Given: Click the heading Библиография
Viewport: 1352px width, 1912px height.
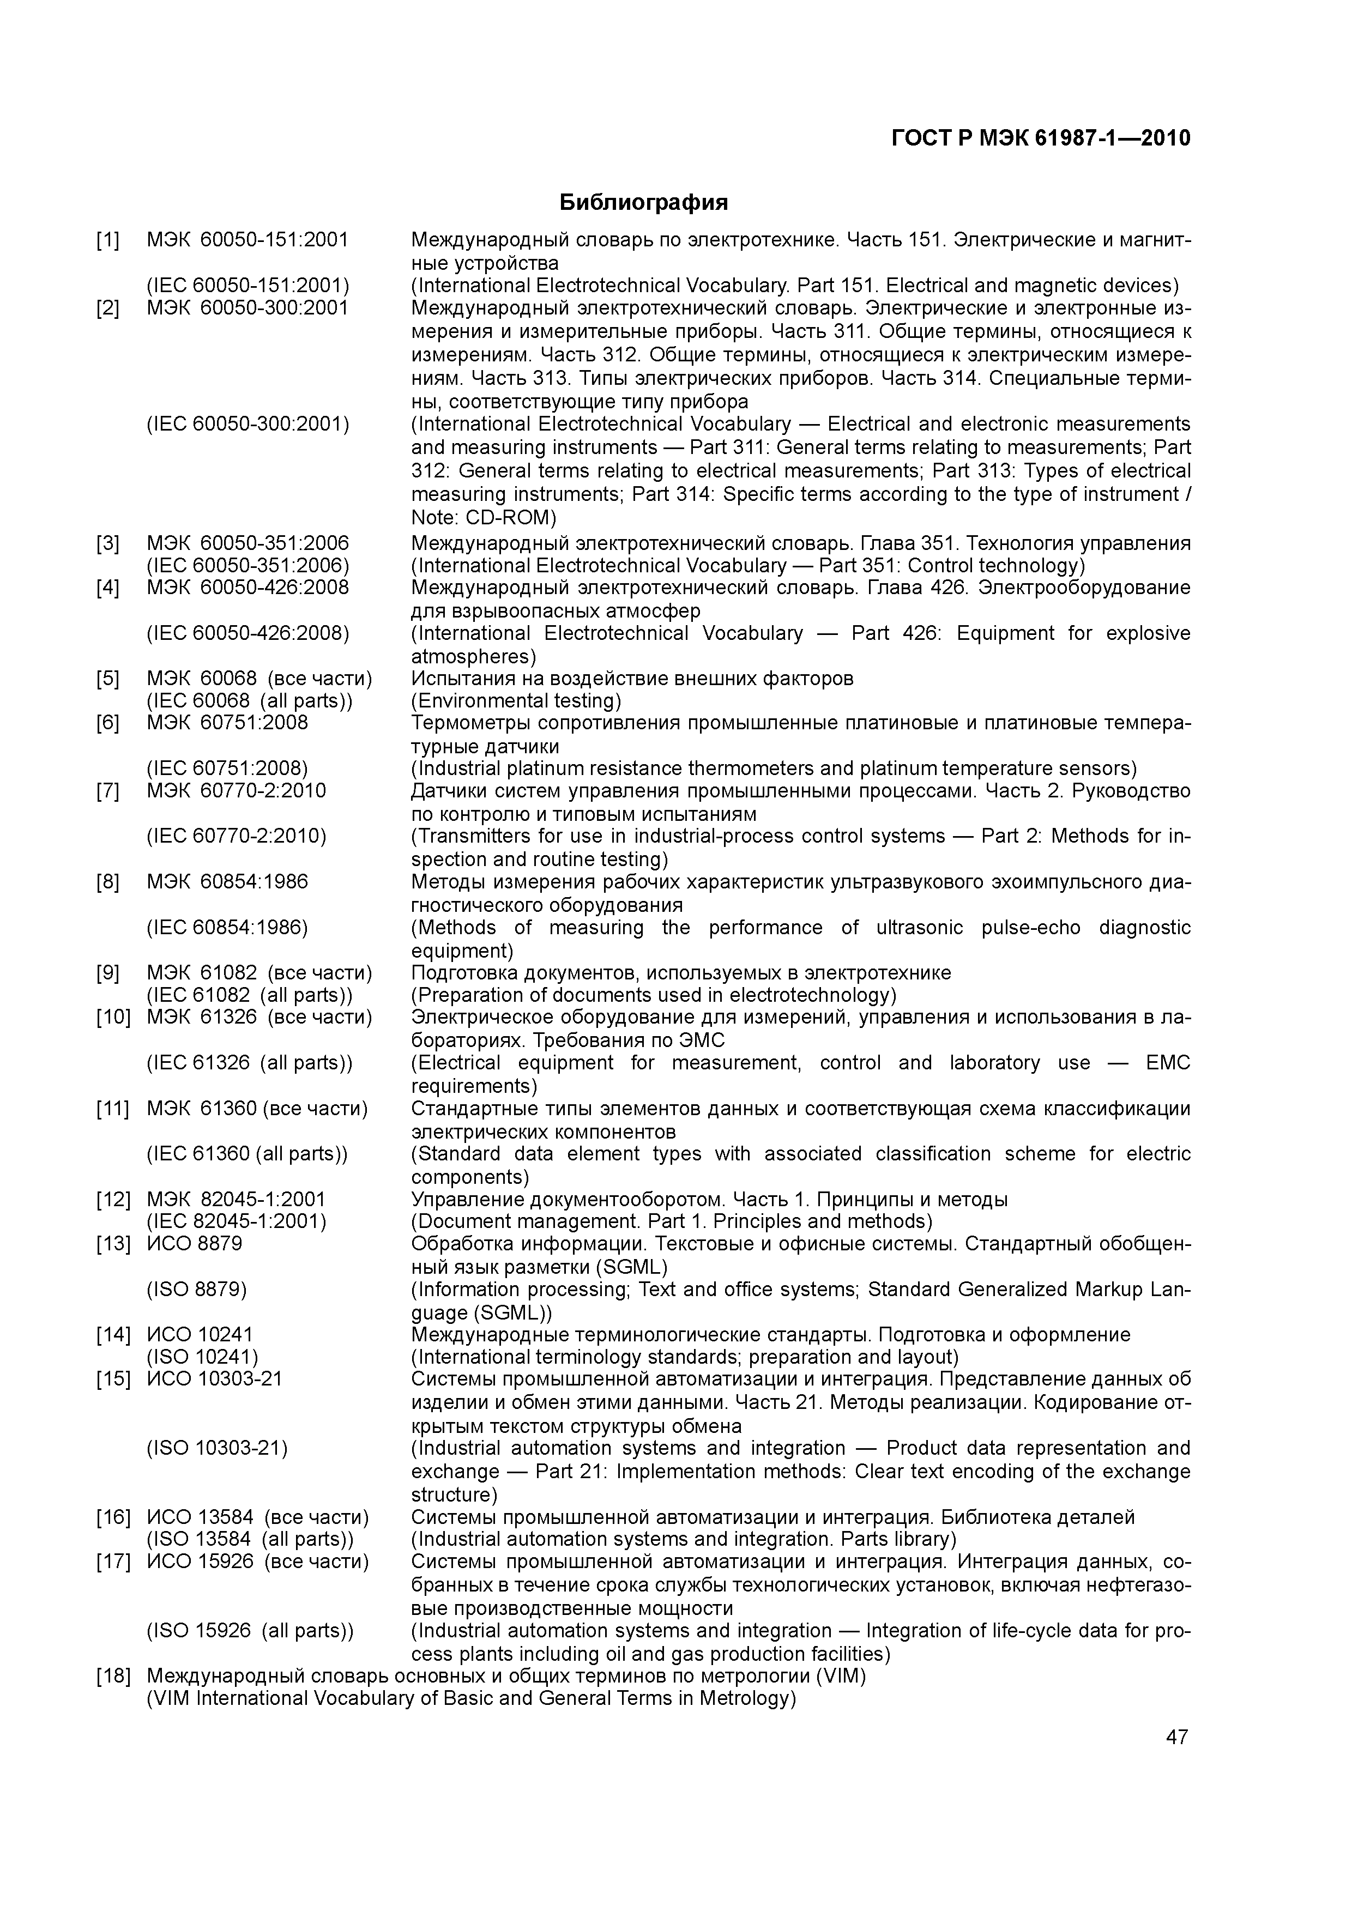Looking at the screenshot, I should (x=643, y=202).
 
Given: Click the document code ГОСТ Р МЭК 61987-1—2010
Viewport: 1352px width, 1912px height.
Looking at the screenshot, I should (x=1041, y=137).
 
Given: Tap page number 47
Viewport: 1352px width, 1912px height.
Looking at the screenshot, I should (x=1176, y=1737).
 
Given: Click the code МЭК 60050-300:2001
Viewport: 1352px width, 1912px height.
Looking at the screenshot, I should (x=248, y=308).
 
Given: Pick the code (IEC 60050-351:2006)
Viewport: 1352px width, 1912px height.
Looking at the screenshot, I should (x=248, y=566).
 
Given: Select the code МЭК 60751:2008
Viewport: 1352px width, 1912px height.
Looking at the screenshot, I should (x=227, y=722).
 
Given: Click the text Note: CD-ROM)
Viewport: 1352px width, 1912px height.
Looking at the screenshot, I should (x=483, y=517).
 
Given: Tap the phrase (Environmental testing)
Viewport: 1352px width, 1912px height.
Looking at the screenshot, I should (x=516, y=700).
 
